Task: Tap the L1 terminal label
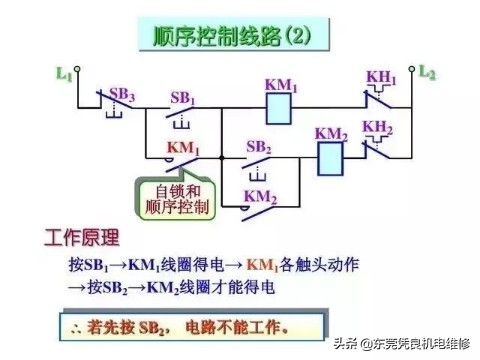[x=63, y=74]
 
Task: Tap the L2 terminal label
[x=427, y=73]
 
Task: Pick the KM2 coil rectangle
[x=331, y=154]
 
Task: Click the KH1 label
[x=381, y=79]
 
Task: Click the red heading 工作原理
[x=82, y=239]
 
